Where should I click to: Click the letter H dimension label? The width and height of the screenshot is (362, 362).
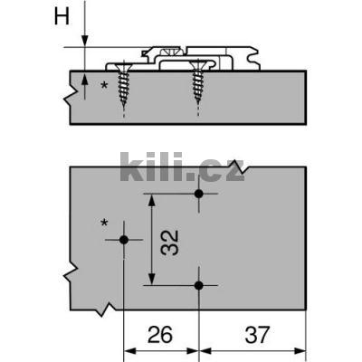click(x=62, y=16)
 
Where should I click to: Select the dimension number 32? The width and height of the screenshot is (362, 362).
click(x=169, y=243)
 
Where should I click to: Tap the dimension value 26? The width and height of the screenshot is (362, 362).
click(x=160, y=335)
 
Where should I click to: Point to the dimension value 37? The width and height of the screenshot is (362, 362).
click(x=257, y=335)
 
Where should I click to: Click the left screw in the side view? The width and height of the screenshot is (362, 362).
click(x=124, y=84)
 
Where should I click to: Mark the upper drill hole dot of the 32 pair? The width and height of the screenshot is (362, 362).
click(x=198, y=194)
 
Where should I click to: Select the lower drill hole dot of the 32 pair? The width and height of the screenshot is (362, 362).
click(x=198, y=285)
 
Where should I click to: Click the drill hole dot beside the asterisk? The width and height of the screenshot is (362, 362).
click(x=124, y=240)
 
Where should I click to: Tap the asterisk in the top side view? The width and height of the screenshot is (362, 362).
click(x=104, y=85)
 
